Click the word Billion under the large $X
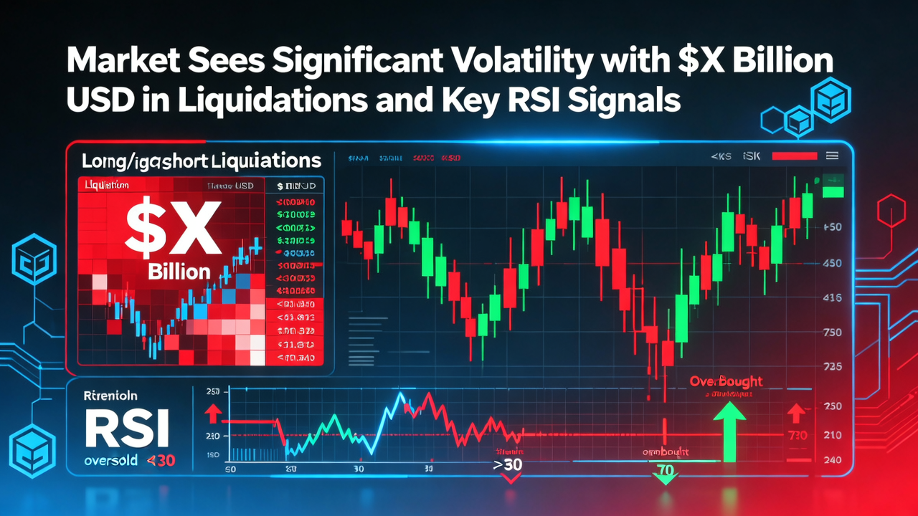pos(179,272)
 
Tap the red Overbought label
pos(726,381)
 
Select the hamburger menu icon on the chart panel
pos(833,156)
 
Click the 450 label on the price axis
pos(833,263)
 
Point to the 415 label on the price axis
pos(833,297)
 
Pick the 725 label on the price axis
pos(833,366)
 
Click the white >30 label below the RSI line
pos(508,464)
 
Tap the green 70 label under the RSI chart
pos(664,471)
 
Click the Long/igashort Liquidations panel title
pos(202,159)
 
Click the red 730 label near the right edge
pos(797,435)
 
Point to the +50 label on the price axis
pos(833,227)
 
